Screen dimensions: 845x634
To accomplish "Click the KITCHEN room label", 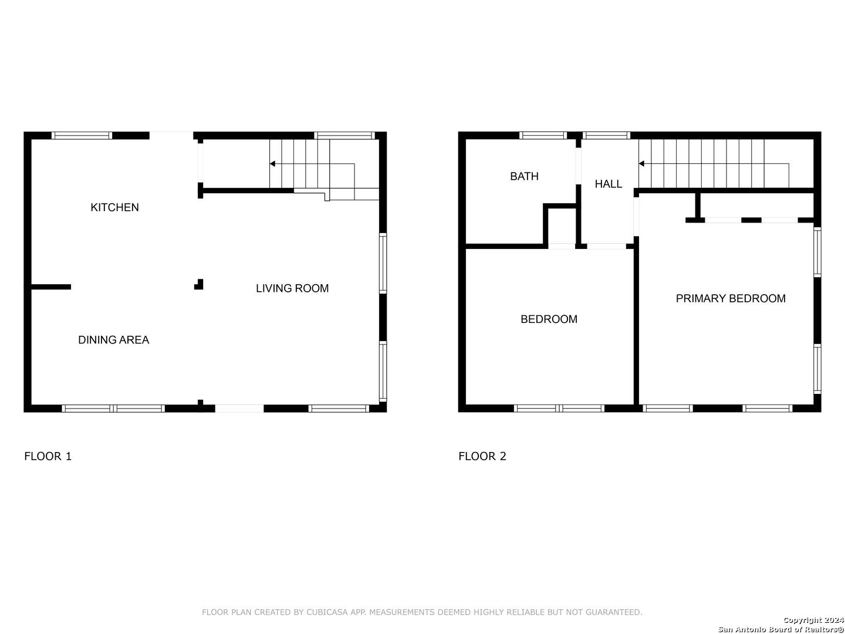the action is [114, 207].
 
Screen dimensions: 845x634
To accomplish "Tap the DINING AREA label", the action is [113, 339].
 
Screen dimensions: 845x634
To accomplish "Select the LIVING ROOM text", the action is [292, 288].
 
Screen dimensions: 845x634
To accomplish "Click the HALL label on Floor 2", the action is [608, 184].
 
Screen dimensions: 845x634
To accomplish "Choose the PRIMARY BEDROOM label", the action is [731, 298].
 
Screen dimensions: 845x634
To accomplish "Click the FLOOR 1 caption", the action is [48, 456].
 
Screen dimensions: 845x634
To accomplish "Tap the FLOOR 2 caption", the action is [482, 456].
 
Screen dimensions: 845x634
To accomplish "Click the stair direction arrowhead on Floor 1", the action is [272, 164].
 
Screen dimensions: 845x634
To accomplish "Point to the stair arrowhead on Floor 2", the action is [641, 164].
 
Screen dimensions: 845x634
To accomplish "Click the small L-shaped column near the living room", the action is [199, 285].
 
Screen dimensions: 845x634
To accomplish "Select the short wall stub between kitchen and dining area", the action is [51, 287].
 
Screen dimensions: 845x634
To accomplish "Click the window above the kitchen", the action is [82, 136].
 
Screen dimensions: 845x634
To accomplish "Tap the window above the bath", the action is [543, 136].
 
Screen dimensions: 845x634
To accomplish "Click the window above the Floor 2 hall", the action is [606, 136].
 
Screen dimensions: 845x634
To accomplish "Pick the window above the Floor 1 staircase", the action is [344, 136].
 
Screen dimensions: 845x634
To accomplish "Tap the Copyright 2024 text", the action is [813, 620].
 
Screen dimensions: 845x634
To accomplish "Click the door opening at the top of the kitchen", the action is [171, 136].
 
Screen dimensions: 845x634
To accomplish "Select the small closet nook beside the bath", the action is [562, 227].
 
